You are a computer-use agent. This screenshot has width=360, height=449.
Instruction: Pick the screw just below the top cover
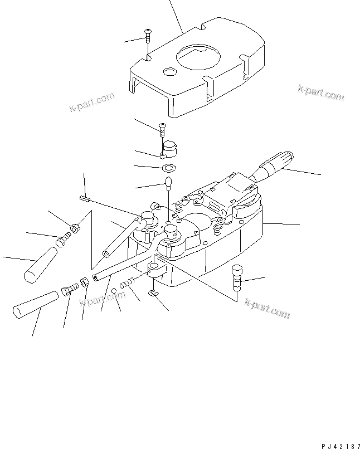coord(162,129)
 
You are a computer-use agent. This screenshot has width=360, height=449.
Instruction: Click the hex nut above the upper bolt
coord(75,228)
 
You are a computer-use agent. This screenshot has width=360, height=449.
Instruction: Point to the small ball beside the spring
coord(114,291)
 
